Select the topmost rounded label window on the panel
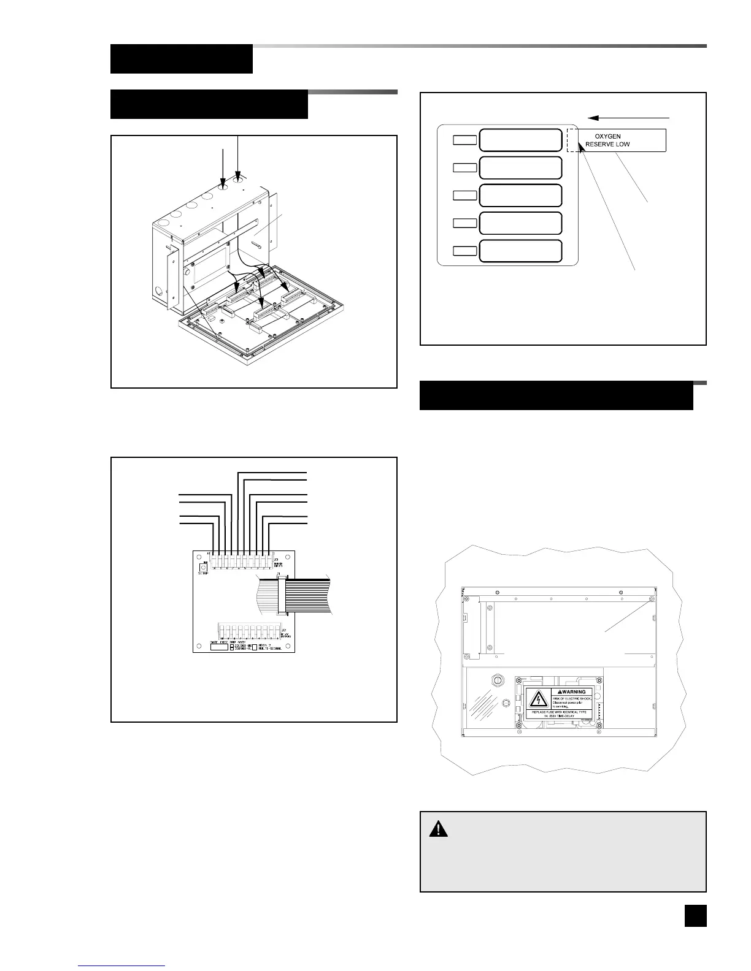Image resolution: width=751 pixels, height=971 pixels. (x=520, y=140)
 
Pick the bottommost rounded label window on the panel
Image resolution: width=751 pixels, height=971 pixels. (x=520, y=251)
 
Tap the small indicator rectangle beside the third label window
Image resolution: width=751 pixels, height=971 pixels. (x=464, y=196)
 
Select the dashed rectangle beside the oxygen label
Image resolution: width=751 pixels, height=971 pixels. (x=572, y=140)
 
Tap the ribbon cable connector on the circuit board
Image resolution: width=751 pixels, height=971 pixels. (x=282, y=595)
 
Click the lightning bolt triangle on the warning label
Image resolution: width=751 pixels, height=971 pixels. (x=538, y=699)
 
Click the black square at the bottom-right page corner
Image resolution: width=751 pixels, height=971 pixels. (x=695, y=916)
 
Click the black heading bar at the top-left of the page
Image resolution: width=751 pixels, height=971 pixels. (x=182, y=59)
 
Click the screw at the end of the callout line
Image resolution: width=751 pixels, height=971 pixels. (x=652, y=599)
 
